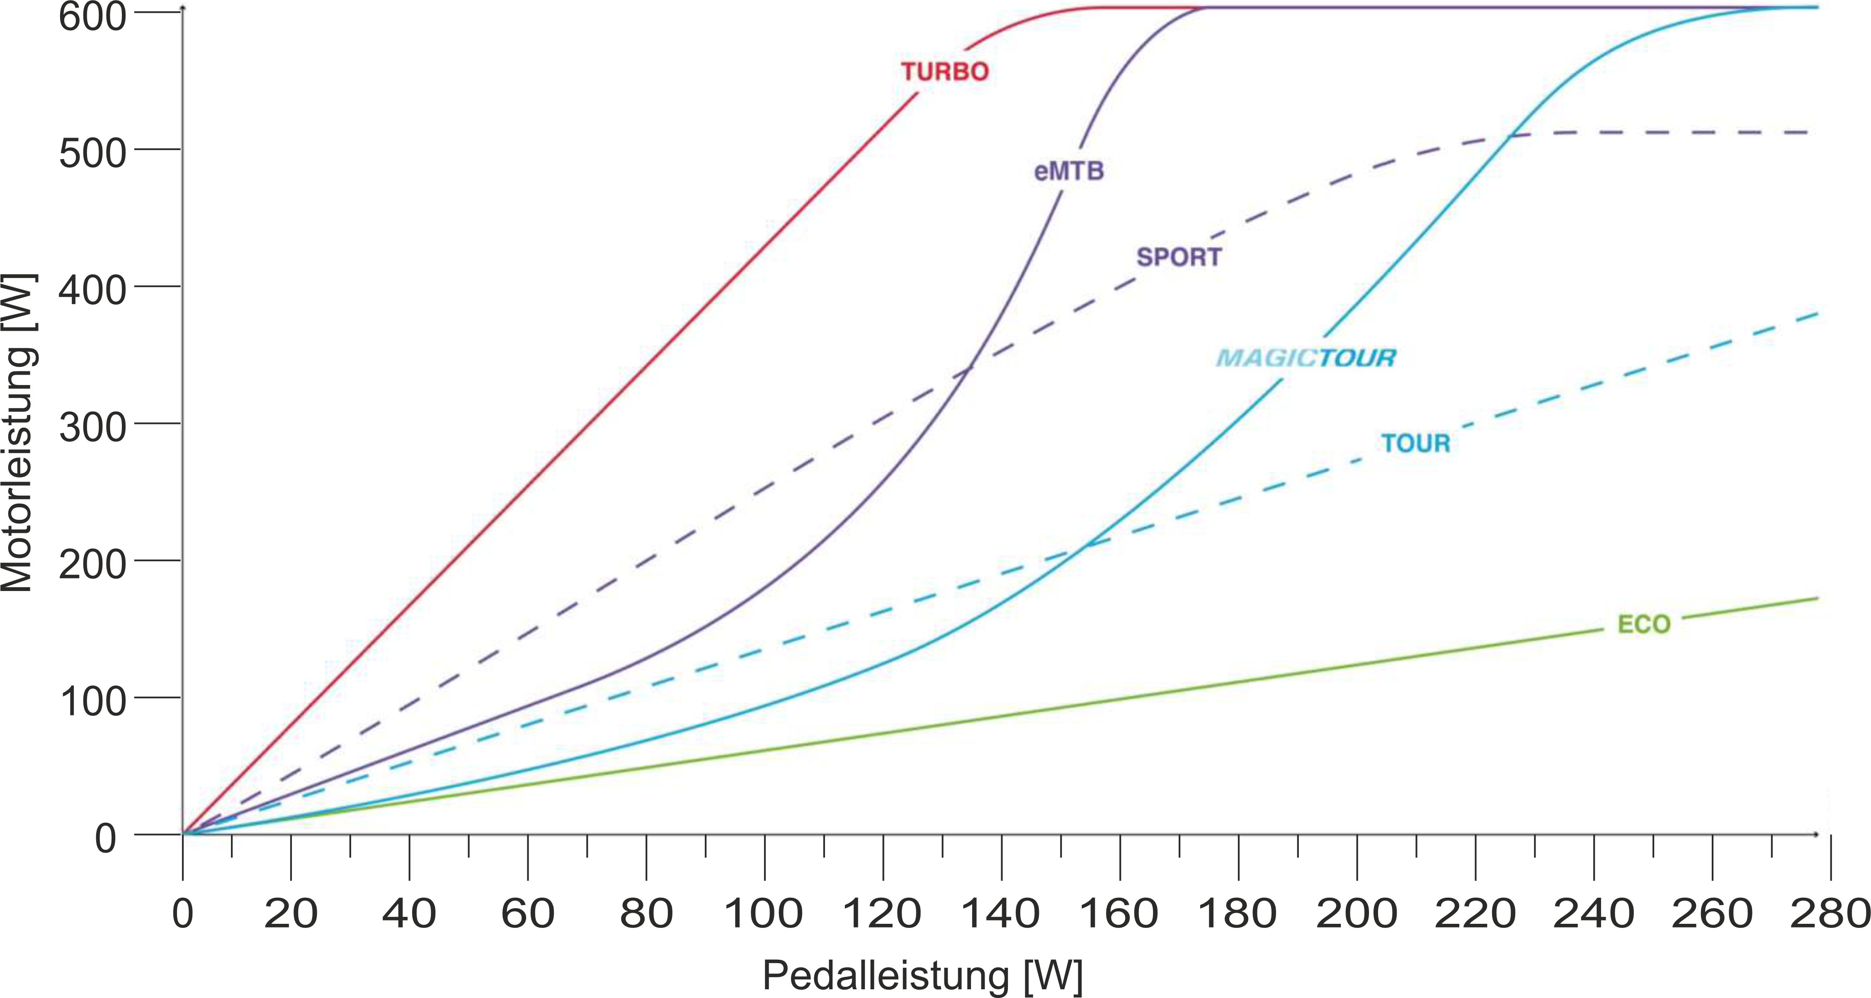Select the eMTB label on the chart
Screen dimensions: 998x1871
1068,172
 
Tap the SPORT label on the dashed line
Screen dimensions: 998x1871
1179,257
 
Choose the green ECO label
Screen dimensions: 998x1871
1644,624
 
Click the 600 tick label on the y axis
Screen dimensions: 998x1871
92,16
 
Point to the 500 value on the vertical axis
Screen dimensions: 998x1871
92,153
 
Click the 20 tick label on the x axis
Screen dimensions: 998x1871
291,914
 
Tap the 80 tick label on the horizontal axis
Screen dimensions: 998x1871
646,914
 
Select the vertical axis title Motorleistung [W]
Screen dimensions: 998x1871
17,433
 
